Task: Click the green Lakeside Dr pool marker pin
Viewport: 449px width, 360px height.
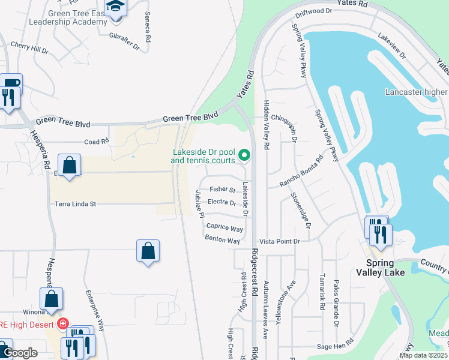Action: [244, 155]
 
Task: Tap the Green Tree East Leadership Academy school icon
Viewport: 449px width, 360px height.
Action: [115, 8]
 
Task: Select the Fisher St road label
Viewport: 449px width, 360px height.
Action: [222, 190]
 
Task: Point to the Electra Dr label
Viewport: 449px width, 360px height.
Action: [221, 203]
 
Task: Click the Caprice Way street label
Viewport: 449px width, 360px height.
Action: [224, 229]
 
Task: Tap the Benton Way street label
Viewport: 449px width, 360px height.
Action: [222, 240]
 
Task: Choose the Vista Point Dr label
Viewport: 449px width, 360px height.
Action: [279, 241]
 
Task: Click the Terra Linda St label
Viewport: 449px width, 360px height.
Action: [76, 204]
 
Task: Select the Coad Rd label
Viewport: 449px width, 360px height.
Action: [97, 142]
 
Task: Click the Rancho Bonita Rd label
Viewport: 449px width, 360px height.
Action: [301, 172]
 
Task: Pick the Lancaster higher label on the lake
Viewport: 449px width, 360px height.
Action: [417, 92]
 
